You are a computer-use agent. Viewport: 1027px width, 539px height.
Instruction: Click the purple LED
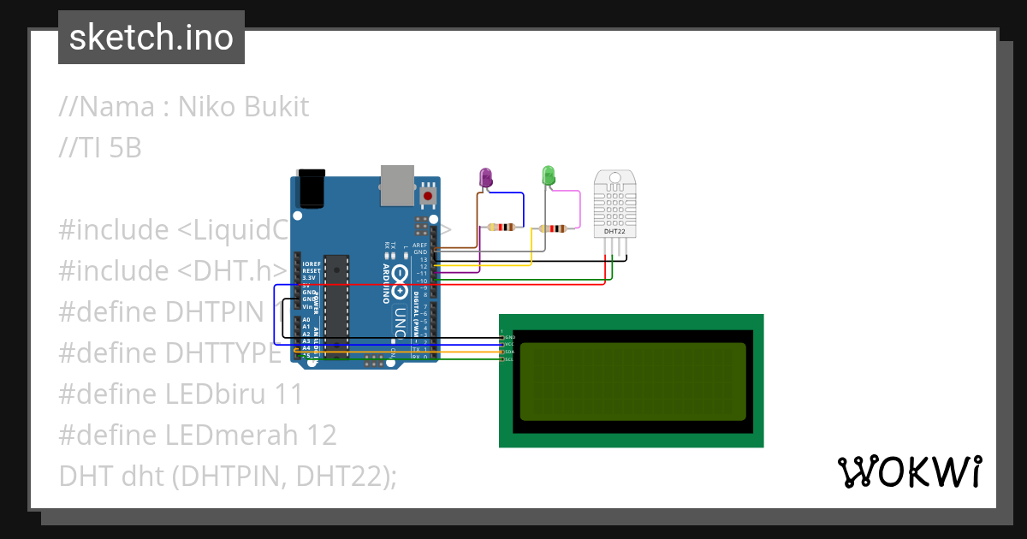[485, 177]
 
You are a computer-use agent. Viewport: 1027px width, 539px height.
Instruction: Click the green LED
[549, 176]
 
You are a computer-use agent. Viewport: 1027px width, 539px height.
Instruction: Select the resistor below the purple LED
[501, 228]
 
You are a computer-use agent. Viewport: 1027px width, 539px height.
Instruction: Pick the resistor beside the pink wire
[555, 228]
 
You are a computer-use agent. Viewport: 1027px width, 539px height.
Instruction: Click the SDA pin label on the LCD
[508, 352]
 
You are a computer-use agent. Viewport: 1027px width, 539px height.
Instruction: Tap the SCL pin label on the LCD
[508, 359]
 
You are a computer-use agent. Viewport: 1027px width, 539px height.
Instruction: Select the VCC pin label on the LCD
[508, 344]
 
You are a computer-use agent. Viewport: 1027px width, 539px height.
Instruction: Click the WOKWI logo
[909, 472]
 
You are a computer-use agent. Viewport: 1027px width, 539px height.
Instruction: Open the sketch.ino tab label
[151, 38]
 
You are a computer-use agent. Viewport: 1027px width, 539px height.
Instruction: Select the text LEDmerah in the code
[230, 435]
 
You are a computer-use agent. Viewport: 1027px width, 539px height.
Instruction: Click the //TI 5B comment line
[100, 148]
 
